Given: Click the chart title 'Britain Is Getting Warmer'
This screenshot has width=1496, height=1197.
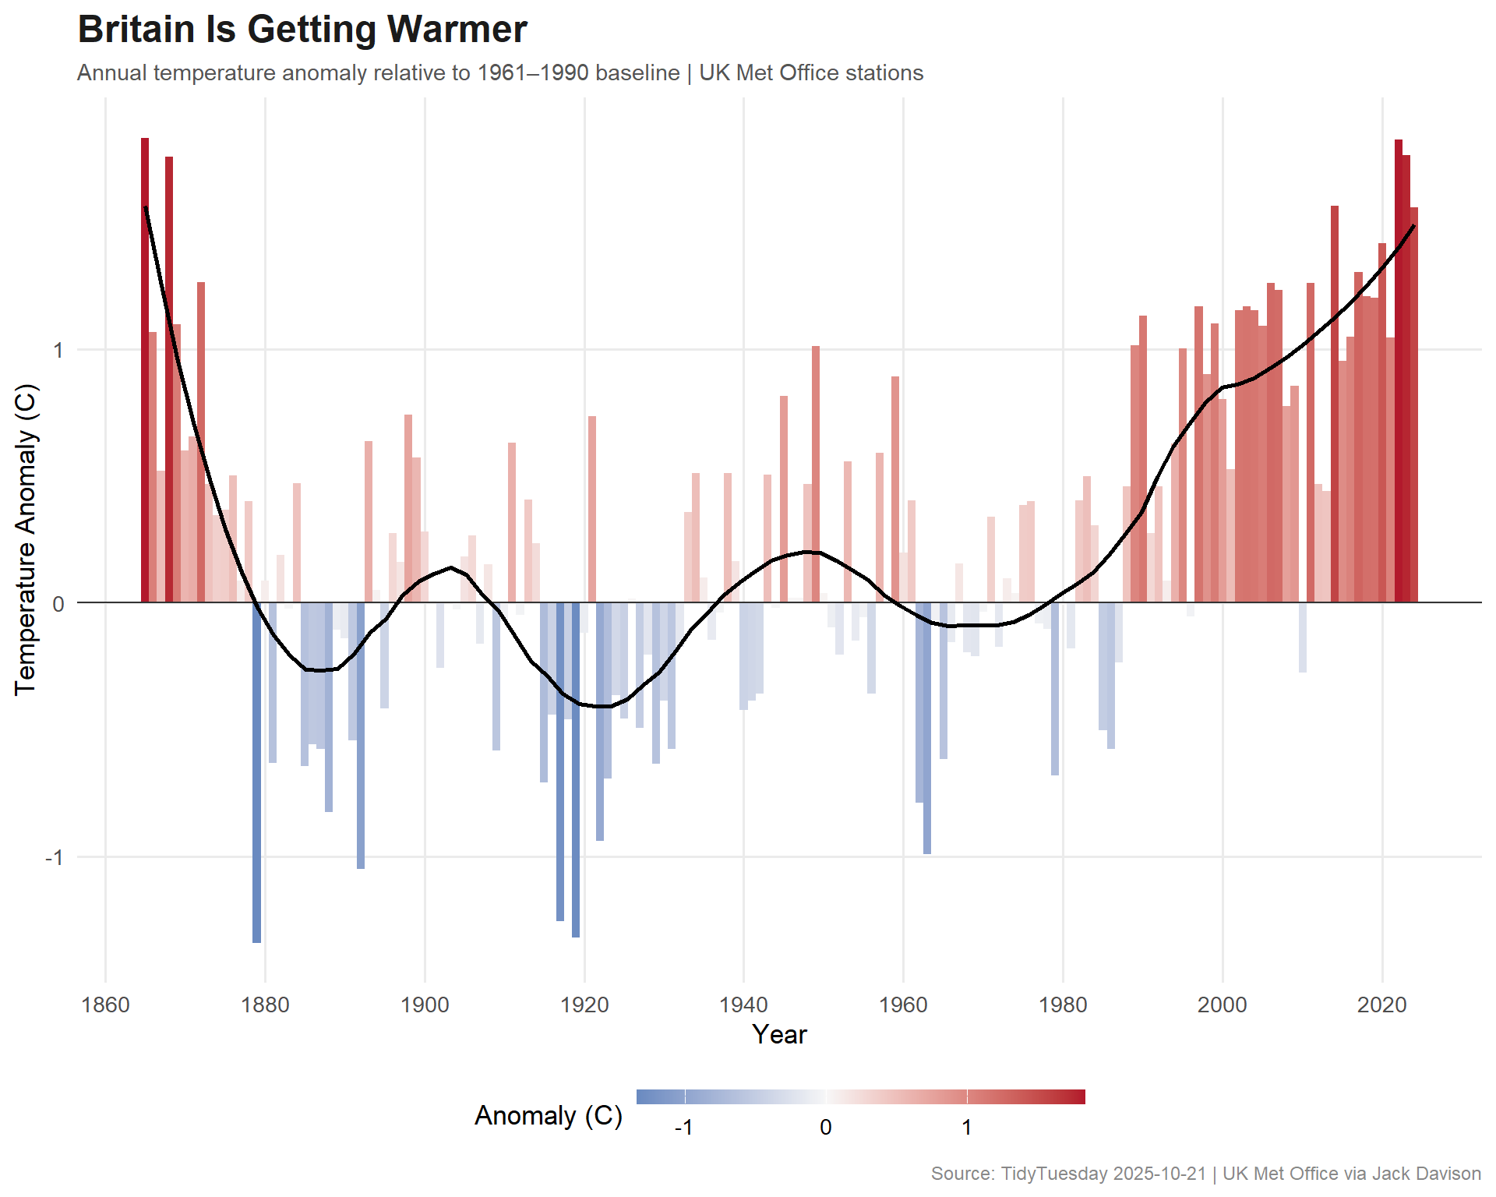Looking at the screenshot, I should (302, 30).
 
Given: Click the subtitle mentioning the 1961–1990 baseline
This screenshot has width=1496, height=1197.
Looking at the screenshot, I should (499, 73).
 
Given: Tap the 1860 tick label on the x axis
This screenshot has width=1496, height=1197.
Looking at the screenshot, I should (105, 1005).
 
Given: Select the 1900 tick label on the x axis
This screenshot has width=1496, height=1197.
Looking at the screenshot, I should (425, 1005).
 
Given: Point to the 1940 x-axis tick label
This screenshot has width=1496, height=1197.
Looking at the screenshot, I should (743, 1005).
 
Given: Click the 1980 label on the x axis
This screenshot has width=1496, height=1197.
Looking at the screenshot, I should (1063, 1005).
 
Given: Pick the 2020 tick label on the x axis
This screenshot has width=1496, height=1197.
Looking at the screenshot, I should (1381, 1005).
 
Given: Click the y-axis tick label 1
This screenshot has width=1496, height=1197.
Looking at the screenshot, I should (58, 350).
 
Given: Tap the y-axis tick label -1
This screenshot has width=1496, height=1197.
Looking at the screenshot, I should (54, 858).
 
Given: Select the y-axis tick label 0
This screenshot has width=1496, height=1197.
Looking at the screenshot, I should (58, 604).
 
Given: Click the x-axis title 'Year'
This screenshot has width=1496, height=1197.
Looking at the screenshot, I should (779, 1035).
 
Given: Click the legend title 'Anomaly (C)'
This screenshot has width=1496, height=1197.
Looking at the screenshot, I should (549, 1116).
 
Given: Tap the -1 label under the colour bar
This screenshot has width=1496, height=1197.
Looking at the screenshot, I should (683, 1128).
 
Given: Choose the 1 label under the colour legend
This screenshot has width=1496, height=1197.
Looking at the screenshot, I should (967, 1128).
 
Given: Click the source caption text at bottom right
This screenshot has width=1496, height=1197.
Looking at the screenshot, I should (1205, 1174).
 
